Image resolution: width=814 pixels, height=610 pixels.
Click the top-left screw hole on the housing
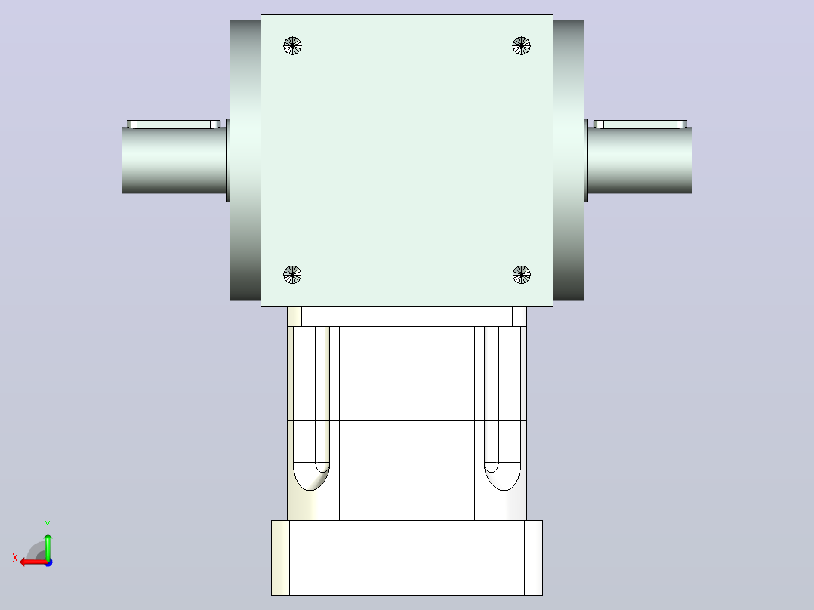click(292, 46)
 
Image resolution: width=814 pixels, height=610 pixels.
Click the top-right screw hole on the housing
click(521, 46)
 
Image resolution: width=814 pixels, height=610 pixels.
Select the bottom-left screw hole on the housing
click(292, 275)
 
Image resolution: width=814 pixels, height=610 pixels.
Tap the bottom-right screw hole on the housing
click(521, 275)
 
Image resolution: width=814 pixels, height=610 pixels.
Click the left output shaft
click(174, 160)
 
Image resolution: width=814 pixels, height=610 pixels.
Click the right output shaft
click(640, 160)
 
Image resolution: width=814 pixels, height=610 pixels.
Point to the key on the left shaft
click(174, 125)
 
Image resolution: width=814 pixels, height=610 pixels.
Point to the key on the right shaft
click(640, 125)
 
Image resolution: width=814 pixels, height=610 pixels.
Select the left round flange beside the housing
click(245, 160)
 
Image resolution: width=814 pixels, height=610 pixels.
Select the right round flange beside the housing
click(569, 160)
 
